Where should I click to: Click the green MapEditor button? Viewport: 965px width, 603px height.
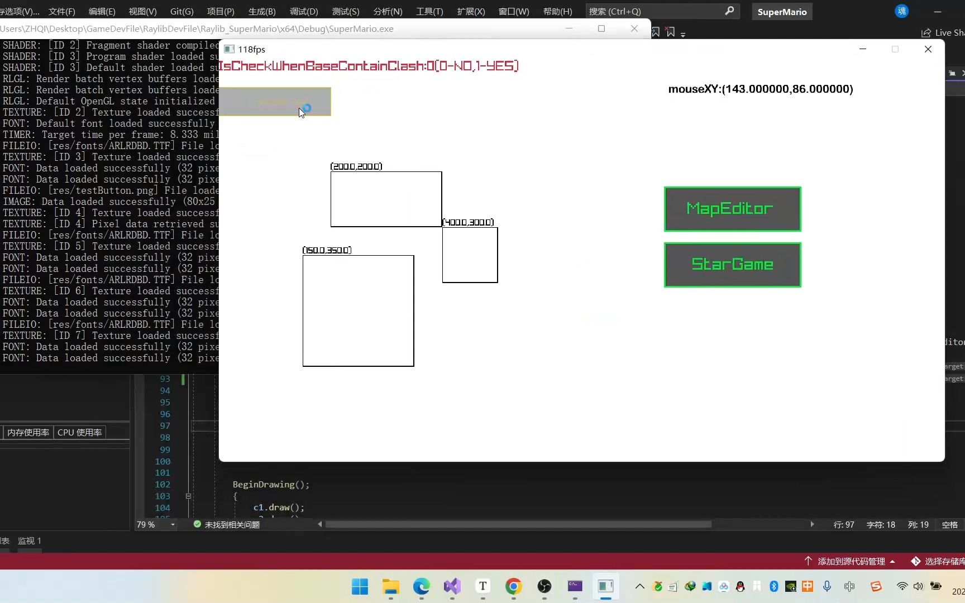(732, 209)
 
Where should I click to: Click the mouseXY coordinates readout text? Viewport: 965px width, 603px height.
(760, 89)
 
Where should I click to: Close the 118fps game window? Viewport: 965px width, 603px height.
(928, 49)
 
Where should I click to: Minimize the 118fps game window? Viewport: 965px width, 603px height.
(862, 49)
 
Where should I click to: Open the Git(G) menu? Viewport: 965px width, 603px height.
(181, 11)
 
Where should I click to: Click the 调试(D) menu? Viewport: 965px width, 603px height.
(304, 11)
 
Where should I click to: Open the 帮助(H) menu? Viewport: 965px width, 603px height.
(557, 11)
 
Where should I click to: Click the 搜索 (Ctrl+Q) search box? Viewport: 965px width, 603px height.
(659, 11)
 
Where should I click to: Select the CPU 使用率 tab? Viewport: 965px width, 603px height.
(79, 432)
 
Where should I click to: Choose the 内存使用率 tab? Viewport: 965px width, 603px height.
(28, 432)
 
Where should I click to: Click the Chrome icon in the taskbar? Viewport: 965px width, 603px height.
(513, 586)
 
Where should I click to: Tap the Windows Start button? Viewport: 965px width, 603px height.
(360, 586)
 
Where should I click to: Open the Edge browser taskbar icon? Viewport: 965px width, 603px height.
(421, 586)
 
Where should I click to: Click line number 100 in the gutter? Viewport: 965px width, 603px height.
(163, 461)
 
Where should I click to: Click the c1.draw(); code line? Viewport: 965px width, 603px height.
(279, 508)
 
